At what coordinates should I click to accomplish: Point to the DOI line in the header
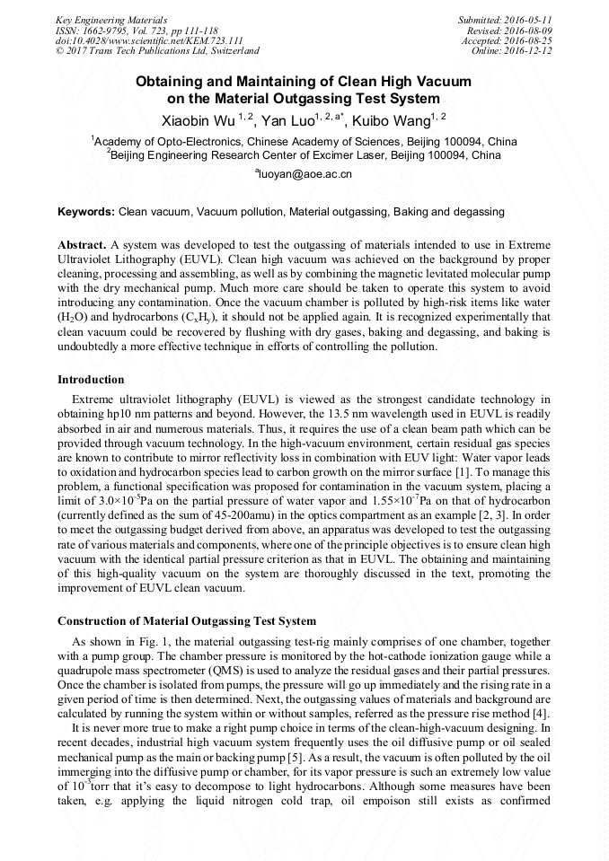pyautogui.click(x=148, y=40)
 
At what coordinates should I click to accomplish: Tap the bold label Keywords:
pyautogui.click(x=86, y=212)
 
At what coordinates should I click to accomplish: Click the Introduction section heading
pyautogui.click(x=91, y=380)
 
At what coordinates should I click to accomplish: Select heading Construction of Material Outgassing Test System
pyautogui.click(x=187, y=621)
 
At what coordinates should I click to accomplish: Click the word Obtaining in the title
pyautogui.click(x=168, y=82)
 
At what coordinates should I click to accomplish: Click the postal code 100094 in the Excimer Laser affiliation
pyautogui.click(x=447, y=155)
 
